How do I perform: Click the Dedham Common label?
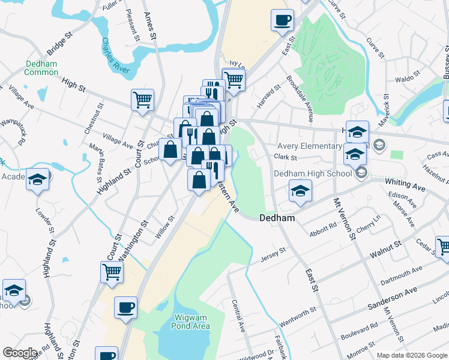(41, 68)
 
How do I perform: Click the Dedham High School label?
(312, 173)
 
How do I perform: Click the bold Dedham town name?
(277, 218)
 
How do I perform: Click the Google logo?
(20, 353)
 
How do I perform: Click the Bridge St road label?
(58, 44)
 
